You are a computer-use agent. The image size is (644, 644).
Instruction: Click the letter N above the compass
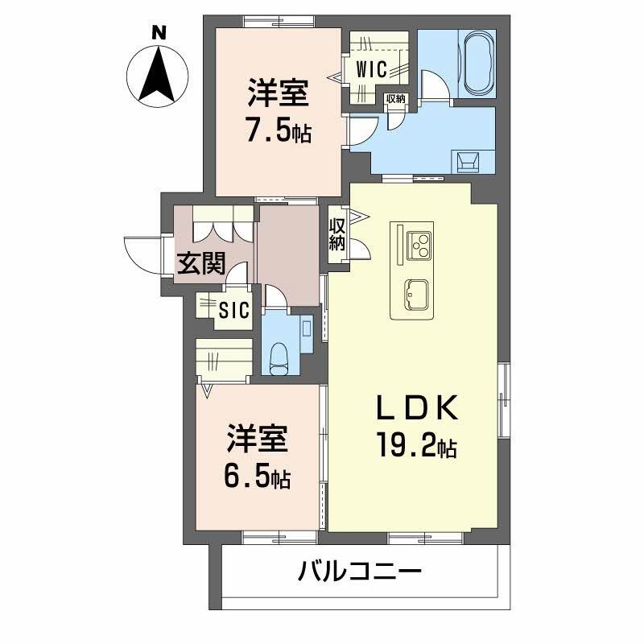point(159,33)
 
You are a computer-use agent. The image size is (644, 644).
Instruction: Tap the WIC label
point(372,70)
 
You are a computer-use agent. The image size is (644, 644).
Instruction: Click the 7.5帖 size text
point(279,131)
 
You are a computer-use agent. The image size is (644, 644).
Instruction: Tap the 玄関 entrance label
point(200,263)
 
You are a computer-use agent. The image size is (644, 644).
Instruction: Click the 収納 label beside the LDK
point(336,233)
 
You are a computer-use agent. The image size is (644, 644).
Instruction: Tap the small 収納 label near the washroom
point(394,99)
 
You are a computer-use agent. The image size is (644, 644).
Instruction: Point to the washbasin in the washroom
point(469,160)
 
